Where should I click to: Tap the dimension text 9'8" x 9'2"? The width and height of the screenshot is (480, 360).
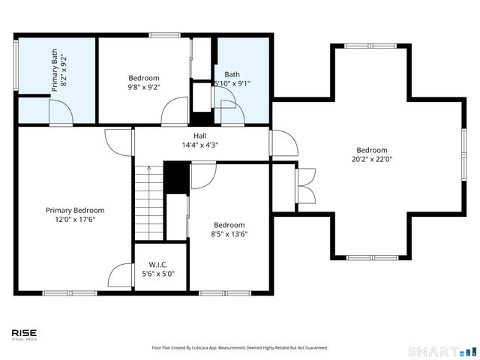click(144, 87)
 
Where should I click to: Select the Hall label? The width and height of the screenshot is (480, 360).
click(200, 136)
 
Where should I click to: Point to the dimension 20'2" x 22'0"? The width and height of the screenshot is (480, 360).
click(372, 159)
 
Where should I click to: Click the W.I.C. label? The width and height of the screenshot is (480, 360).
click(157, 264)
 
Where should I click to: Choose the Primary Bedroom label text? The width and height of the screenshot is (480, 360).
click(74, 211)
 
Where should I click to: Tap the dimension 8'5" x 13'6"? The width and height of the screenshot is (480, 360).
click(229, 234)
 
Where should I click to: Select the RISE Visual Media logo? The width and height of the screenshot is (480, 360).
click(24, 334)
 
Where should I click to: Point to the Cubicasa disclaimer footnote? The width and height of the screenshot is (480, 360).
click(240, 348)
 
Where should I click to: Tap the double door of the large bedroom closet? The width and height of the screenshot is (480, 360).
click(305, 185)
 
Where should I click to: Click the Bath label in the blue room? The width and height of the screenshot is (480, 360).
click(232, 74)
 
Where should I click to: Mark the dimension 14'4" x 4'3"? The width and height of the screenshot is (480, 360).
click(200, 145)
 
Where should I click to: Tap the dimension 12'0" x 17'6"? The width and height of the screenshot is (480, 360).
click(74, 220)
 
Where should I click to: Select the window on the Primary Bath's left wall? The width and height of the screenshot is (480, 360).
click(16, 66)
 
